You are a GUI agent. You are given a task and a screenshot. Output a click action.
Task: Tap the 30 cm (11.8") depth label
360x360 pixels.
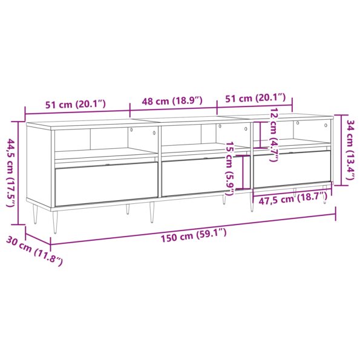41,253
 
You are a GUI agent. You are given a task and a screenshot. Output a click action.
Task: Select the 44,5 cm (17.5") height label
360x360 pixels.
10,172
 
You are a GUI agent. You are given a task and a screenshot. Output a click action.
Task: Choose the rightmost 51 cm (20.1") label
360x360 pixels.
255,99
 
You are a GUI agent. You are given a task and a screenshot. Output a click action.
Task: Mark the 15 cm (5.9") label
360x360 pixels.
229,168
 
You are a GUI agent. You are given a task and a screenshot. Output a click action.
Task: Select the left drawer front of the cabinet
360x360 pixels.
105,184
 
